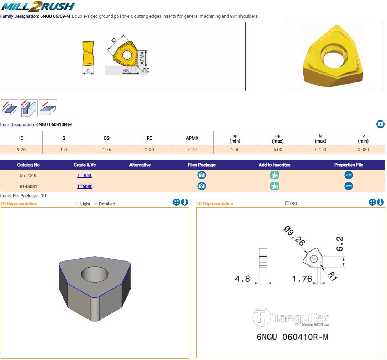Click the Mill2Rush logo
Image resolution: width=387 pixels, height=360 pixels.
(x=38, y=6)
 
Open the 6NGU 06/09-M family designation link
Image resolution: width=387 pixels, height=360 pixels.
(x=55, y=16)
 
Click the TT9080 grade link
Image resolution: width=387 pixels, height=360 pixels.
(x=85, y=175)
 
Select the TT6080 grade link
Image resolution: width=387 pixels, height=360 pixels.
(x=85, y=187)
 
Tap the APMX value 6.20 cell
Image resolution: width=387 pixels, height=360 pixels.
(x=192, y=149)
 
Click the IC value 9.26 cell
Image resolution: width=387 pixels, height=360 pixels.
(x=21, y=149)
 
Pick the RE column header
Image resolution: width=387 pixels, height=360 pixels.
(x=149, y=138)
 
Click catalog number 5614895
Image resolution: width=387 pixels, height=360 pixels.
(x=28, y=175)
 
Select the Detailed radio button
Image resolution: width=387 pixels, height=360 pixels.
(x=96, y=203)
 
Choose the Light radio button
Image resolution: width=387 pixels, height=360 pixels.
(x=77, y=203)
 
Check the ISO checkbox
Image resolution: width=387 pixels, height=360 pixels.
(x=287, y=203)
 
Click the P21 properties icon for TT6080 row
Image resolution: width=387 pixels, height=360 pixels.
(x=349, y=186)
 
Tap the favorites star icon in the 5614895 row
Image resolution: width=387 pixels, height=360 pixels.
(x=275, y=175)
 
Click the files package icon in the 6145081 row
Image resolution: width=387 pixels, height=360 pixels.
(x=202, y=186)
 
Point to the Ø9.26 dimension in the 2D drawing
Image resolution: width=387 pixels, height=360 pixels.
(x=295, y=236)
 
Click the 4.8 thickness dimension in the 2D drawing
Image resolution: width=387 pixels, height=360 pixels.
(x=242, y=279)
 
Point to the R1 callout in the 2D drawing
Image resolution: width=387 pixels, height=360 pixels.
(x=332, y=276)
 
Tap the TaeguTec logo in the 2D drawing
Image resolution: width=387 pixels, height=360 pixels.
(x=291, y=317)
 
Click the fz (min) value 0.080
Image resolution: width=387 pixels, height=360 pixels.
(x=363, y=149)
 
